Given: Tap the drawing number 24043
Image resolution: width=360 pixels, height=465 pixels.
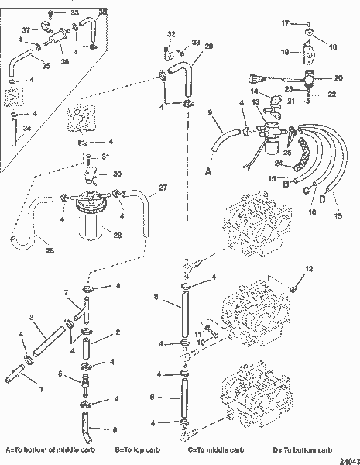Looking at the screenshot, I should [346, 458].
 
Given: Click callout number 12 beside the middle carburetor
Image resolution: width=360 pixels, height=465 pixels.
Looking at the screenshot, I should [310, 269].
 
